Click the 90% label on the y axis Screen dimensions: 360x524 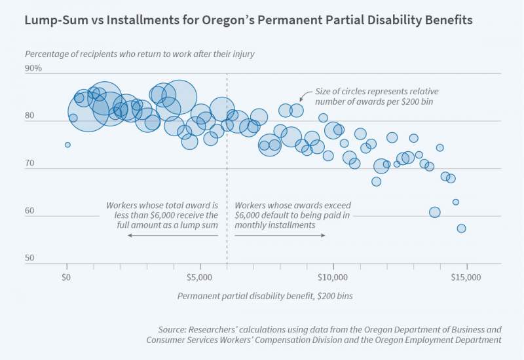point(33,68)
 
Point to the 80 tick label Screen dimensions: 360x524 point(30,116)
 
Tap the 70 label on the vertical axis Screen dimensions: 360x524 point(30,164)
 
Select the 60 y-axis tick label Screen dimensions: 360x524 point(30,211)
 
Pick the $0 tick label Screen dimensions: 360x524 point(66,277)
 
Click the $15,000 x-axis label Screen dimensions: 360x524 point(467,277)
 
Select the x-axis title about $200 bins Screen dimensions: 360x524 point(265,296)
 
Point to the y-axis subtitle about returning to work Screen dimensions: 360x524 point(140,54)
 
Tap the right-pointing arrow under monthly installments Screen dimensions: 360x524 point(324,235)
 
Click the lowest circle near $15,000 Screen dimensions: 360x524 point(461,228)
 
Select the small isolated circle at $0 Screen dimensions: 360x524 point(67,145)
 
